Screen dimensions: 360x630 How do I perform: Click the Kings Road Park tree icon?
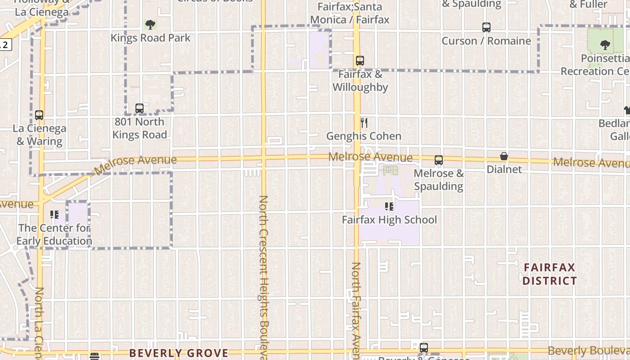pyautogui.click(x=150, y=25)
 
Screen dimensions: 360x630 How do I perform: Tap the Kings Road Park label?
pyautogui.click(x=151, y=38)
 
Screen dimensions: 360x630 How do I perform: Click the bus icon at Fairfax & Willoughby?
pyautogui.click(x=360, y=61)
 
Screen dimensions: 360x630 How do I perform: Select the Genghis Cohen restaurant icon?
pyautogui.click(x=364, y=122)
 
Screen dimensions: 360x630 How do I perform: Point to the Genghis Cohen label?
pyautogui.click(x=364, y=136)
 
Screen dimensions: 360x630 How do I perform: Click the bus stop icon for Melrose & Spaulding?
pyautogui.click(x=439, y=160)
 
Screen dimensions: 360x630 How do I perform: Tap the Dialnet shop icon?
pyautogui.click(x=504, y=156)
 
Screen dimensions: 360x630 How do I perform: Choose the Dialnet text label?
pyautogui.click(x=504, y=169)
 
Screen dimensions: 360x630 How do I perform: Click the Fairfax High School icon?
pyautogui.click(x=389, y=207)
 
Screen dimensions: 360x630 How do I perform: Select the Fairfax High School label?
pyautogui.click(x=389, y=220)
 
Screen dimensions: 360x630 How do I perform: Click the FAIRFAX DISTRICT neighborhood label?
pyautogui.click(x=549, y=274)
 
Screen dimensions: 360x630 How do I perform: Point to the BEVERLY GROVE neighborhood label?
pyautogui.click(x=179, y=353)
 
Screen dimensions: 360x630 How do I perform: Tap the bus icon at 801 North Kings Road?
pyautogui.click(x=139, y=108)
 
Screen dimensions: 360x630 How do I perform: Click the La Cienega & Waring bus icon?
pyautogui.click(x=39, y=115)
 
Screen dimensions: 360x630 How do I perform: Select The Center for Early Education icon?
pyautogui.click(x=54, y=215)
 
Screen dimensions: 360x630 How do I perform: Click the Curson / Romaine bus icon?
pyautogui.click(x=486, y=27)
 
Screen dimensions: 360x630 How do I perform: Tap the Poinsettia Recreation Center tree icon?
pyautogui.click(x=605, y=45)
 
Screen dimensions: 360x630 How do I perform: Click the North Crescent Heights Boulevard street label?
pyautogui.click(x=264, y=274)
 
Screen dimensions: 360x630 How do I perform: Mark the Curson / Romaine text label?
pyautogui.click(x=486, y=41)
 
